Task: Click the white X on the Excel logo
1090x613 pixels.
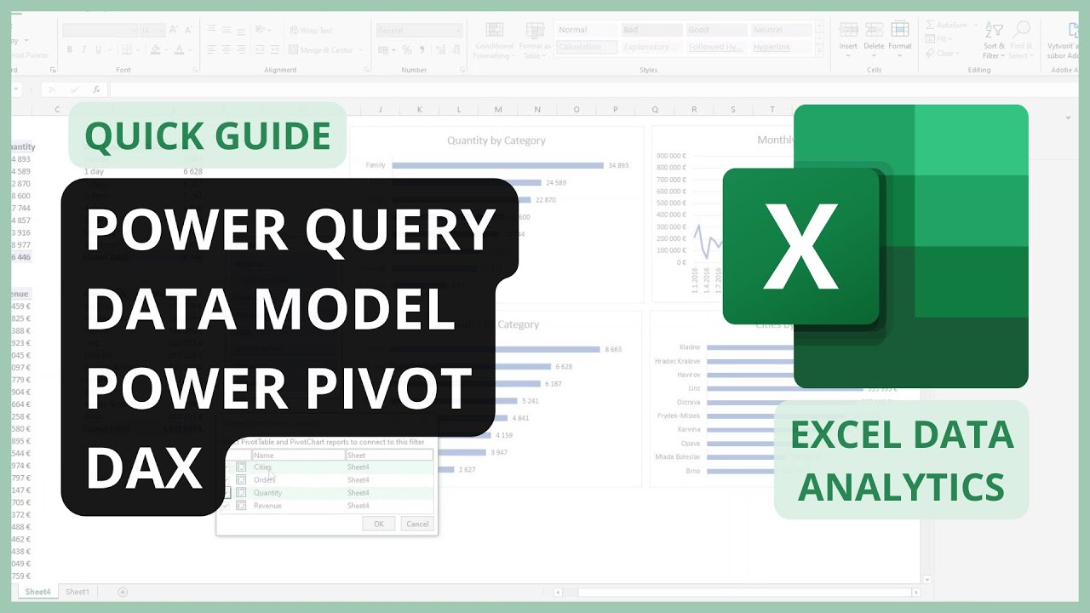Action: pos(800,247)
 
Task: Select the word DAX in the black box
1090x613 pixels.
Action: pos(145,468)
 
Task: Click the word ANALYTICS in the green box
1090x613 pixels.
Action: pos(901,487)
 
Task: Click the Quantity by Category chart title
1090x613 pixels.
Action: pos(496,140)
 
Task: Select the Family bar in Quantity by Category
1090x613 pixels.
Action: pos(497,165)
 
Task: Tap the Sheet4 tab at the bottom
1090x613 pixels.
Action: pos(37,592)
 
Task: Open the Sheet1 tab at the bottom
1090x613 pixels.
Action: pos(77,592)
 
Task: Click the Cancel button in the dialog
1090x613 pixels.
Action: pos(417,524)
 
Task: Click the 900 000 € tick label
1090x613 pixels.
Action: pos(671,157)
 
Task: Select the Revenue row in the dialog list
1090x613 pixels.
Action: pos(267,506)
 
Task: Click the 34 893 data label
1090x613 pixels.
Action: pos(618,165)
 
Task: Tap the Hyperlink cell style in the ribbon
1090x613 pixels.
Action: pos(772,48)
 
